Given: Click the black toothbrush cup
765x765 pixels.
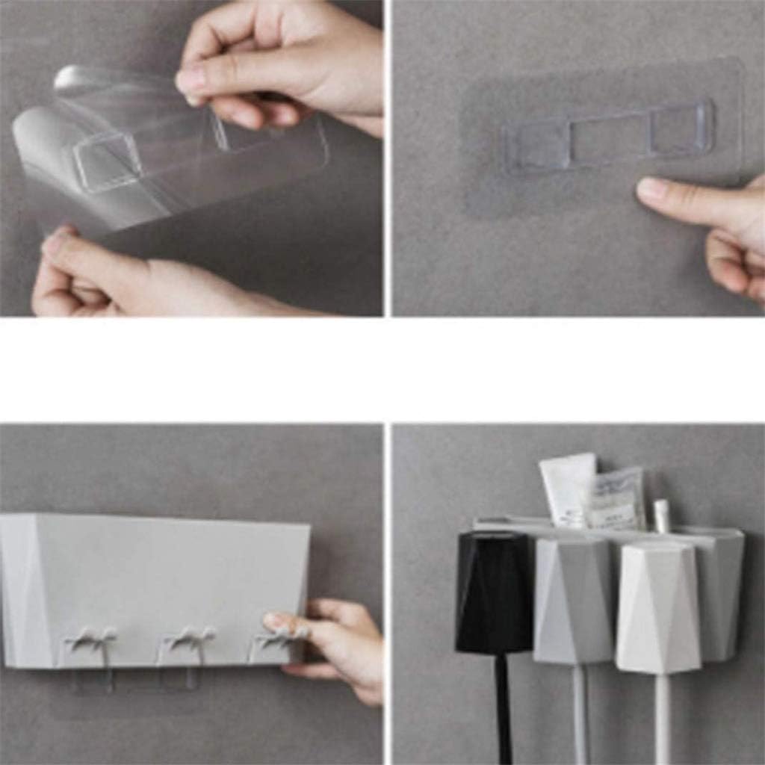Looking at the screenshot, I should [x=493, y=593].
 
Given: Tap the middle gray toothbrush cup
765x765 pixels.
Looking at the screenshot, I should [x=573, y=601].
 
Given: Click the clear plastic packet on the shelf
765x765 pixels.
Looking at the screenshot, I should [x=617, y=498].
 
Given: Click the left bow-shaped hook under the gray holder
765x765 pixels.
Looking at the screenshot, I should [x=90, y=641].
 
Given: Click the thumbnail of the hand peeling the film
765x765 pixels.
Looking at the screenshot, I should [x=193, y=80].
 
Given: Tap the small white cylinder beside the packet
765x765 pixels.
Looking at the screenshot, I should [x=661, y=515].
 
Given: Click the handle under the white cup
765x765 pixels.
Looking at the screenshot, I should [x=662, y=717].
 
